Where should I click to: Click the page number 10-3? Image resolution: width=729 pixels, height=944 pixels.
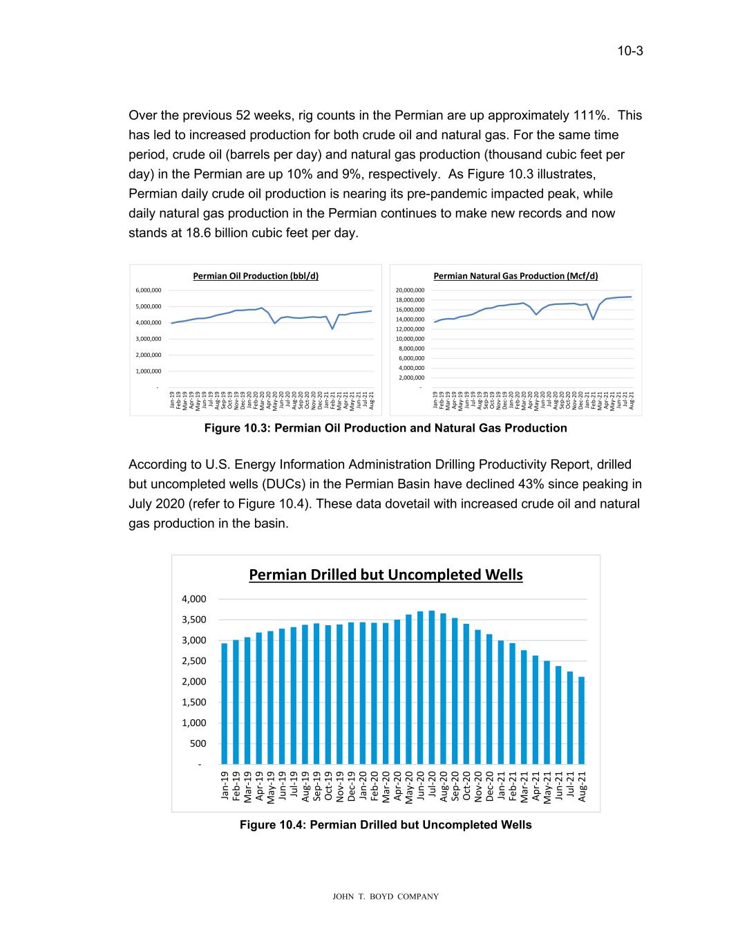pos(630,50)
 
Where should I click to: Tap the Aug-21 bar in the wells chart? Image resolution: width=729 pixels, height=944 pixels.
pos(582,720)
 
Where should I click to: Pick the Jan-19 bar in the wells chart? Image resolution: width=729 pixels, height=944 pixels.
pos(225,703)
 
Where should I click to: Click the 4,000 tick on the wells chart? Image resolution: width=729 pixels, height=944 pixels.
pos(194,599)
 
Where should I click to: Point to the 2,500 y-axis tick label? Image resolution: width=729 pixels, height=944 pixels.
pos(194,661)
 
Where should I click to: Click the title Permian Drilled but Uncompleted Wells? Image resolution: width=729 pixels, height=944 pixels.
pos(386,575)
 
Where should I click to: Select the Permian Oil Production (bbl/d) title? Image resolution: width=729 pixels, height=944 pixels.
pos(256,276)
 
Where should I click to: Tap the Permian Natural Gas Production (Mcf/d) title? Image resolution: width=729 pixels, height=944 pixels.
pos(515,276)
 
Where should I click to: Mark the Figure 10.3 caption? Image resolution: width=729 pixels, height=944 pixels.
pos(386,428)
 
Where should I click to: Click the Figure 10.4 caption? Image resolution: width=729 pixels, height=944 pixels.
pos(386,824)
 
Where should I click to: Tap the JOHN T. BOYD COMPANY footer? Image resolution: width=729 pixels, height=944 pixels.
pos(386,897)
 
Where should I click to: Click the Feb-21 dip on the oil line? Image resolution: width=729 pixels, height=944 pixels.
pos(332,328)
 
